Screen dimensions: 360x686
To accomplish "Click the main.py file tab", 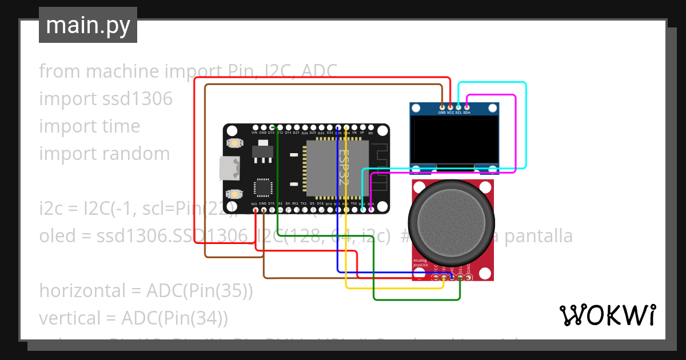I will click(87, 25).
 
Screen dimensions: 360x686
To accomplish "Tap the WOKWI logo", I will click(607, 315).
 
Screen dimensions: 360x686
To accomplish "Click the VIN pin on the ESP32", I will click(255, 127).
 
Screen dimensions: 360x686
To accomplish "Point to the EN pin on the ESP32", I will click(370, 127).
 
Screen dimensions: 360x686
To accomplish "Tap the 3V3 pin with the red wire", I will click(255, 210).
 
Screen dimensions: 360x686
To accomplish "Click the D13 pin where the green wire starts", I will click(272, 127).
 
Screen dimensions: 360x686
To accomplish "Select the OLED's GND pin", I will click(442, 107).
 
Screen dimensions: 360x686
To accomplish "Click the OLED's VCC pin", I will click(450, 107).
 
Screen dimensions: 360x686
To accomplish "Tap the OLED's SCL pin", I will click(458, 107).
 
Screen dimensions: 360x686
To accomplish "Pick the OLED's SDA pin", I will click(467, 107).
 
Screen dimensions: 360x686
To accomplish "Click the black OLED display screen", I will click(454, 140).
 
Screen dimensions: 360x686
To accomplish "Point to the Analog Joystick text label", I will click(420, 263).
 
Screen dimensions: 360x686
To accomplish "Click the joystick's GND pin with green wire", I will click(468, 278).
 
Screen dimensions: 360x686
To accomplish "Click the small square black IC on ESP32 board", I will click(264, 187).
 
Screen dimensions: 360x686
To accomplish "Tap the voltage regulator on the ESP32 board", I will click(263, 150).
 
